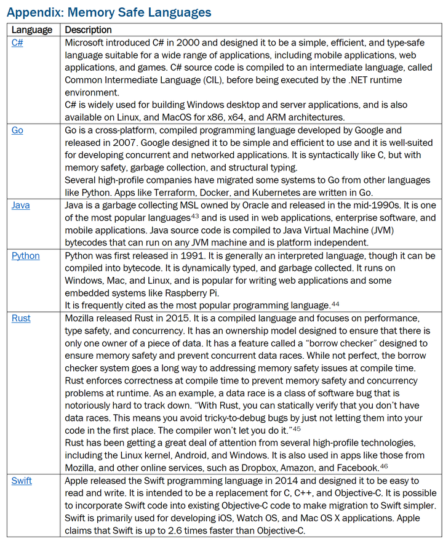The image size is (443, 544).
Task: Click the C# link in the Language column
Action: click(17, 42)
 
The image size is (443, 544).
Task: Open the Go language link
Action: click(18, 130)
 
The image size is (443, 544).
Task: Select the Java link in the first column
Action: click(20, 205)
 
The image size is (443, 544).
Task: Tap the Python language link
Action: click(25, 255)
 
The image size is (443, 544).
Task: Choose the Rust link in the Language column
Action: click(20, 318)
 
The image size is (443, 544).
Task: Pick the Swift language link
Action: click(22, 481)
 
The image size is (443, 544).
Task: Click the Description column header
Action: click(89, 30)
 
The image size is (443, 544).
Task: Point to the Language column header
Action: click(32, 30)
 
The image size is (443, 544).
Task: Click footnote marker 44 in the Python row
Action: click(335, 303)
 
